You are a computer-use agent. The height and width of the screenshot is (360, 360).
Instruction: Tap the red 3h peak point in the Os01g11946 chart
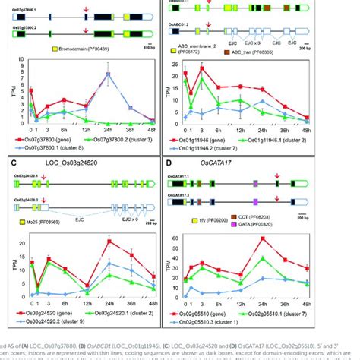[201, 68]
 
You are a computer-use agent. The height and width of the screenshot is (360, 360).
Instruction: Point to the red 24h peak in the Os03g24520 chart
[109, 242]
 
